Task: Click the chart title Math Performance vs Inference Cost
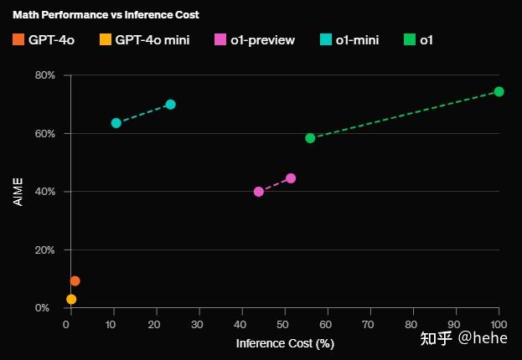[106, 15]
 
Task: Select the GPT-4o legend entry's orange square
[18, 39]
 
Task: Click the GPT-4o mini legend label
[152, 39]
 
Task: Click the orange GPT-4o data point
[75, 281]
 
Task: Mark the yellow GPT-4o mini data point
[71, 299]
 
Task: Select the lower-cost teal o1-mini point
[116, 123]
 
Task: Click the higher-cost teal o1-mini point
[170, 105]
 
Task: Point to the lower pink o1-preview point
[259, 192]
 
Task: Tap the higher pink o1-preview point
[291, 178]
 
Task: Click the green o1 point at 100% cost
[499, 91]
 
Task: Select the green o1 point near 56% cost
[310, 138]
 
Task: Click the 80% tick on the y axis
[44, 75]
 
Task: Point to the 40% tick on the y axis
[44, 192]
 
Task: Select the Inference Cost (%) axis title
[285, 344]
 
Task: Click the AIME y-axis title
[18, 192]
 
